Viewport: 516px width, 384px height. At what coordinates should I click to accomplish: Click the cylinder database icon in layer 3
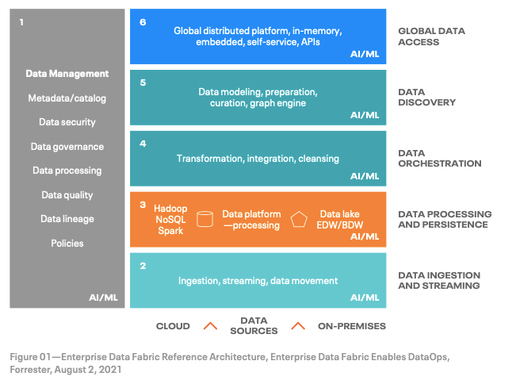[x=204, y=219]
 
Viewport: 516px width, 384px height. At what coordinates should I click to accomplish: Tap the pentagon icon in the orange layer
[x=299, y=219]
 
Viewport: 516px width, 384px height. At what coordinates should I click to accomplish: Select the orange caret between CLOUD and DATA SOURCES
[x=210, y=326]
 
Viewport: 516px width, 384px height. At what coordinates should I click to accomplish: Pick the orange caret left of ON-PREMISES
[x=298, y=326]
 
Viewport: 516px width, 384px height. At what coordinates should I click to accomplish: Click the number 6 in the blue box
[x=143, y=22]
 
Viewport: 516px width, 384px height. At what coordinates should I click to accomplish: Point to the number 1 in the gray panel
[x=21, y=22]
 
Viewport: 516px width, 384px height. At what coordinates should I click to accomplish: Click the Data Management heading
[x=67, y=74]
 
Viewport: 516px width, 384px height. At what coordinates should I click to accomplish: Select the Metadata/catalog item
[x=67, y=98]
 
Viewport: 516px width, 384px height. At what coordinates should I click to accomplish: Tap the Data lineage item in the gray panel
[x=67, y=219]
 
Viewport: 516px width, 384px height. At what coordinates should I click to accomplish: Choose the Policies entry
[x=67, y=244]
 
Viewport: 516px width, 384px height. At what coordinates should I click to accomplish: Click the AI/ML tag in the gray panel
[x=103, y=298]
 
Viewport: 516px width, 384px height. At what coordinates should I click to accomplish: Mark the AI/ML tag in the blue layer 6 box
[x=365, y=54]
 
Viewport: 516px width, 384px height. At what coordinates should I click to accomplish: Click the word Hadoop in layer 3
[x=170, y=209]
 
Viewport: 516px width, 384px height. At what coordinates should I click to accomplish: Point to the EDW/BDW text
[x=339, y=225]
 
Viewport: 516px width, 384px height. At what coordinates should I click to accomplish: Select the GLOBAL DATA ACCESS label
[x=431, y=36]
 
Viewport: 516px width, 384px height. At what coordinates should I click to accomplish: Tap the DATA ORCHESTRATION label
[x=440, y=159]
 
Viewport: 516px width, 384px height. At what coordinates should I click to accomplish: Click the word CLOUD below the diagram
[x=173, y=326]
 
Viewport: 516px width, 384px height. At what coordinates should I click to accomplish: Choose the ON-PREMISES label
[x=352, y=326]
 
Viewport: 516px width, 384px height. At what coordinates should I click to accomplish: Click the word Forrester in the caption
[x=30, y=370]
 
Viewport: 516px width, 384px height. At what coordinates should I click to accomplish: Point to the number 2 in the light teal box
[x=143, y=266]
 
